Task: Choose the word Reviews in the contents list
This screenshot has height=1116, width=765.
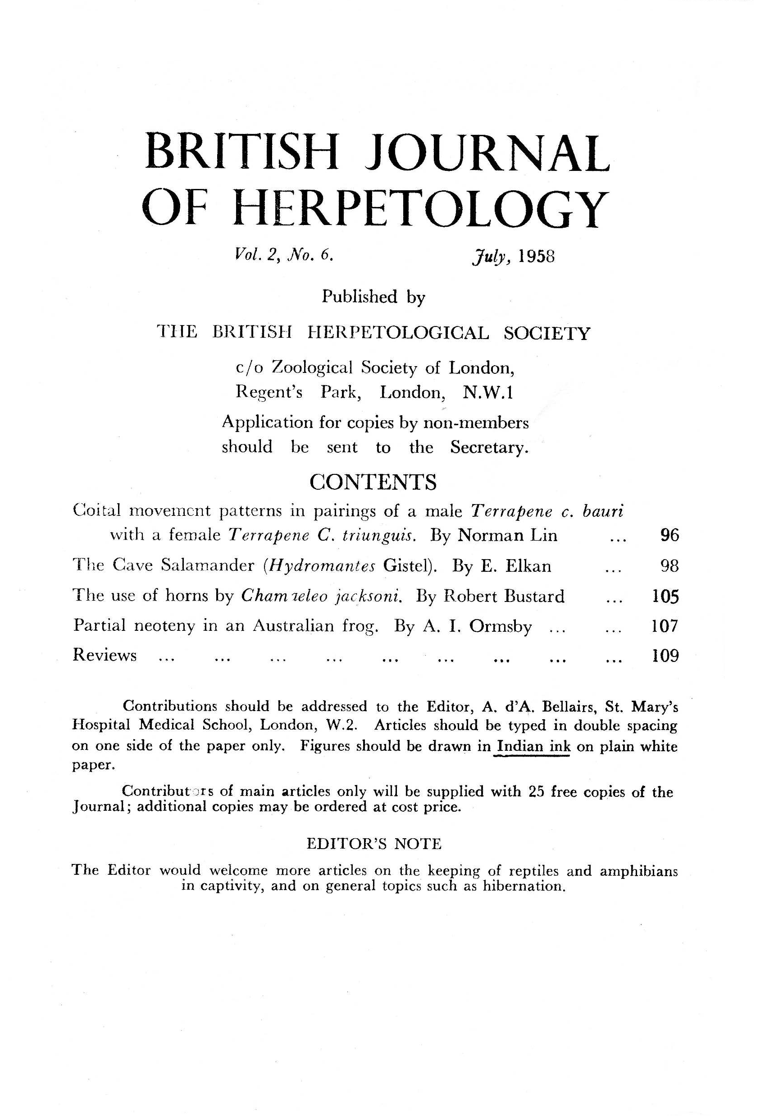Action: [x=105, y=656]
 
